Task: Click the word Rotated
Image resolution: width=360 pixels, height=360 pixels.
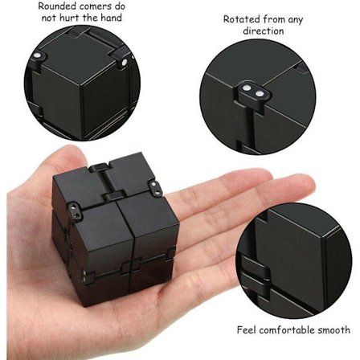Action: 242,19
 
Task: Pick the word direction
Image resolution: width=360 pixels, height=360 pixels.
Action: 264,31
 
